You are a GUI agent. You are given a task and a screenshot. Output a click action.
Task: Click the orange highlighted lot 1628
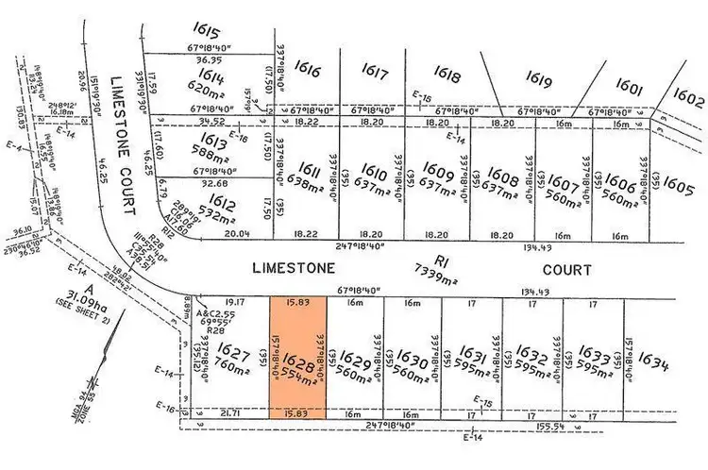[297, 357]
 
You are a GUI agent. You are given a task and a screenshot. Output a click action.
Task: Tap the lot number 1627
[230, 348]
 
